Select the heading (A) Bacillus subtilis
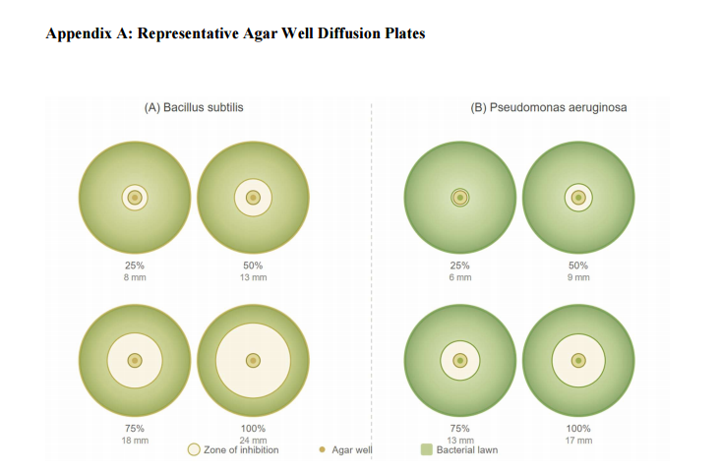pos(194,107)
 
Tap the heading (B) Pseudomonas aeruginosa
pos(549,107)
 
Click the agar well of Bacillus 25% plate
pos(135,198)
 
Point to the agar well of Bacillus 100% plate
pos(253,361)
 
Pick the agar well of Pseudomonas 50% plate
pos(578,198)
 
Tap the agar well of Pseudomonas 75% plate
pos(459,361)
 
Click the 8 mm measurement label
pos(135,277)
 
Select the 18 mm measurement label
pos(135,441)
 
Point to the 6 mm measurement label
pos(459,277)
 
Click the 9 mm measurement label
pos(578,277)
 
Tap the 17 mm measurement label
pos(578,441)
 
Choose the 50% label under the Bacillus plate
pos(253,266)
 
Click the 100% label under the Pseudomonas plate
pos(578,429)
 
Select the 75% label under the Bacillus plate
pos(135,429)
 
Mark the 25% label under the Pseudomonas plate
pos(459,266)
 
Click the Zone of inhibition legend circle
pos(194,449)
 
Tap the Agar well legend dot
pos(322,449)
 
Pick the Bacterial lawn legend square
pos(427,449)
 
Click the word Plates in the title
pos(405,34)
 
